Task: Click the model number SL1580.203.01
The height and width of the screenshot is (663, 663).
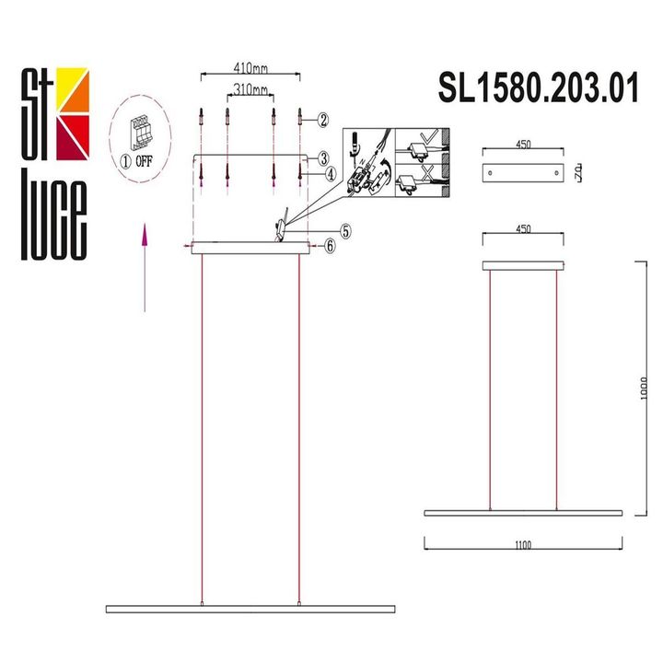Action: tap(537, 88)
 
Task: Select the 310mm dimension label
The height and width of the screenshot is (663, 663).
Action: tap(250, 89)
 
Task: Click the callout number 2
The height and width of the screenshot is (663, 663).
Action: tap(323, 120)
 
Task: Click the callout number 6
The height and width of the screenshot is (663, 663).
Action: tap(328, 247)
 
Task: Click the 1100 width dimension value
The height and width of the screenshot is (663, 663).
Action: tap(523, 544)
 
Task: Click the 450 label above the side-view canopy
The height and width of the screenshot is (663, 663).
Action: tap(522, 229)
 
